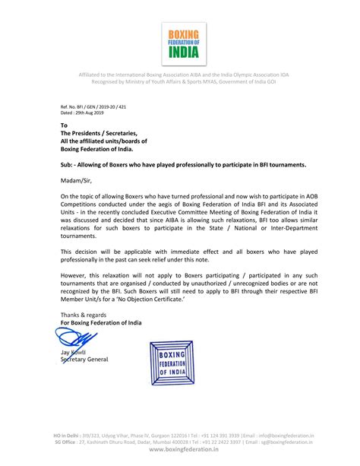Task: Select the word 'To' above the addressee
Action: tap(64, 125)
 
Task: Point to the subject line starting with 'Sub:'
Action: tap(182, 164)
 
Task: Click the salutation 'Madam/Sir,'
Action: tap(77, 181)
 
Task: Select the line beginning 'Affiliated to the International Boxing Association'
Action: tap(180, 74)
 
